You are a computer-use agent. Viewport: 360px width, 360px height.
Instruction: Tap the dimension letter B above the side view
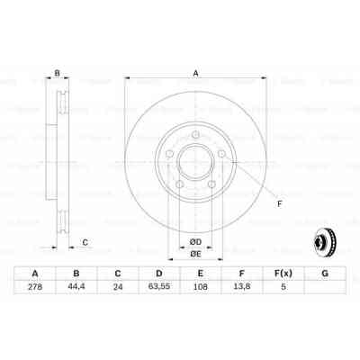point(57,73)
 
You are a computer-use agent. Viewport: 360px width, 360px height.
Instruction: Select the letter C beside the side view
point(85,241)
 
